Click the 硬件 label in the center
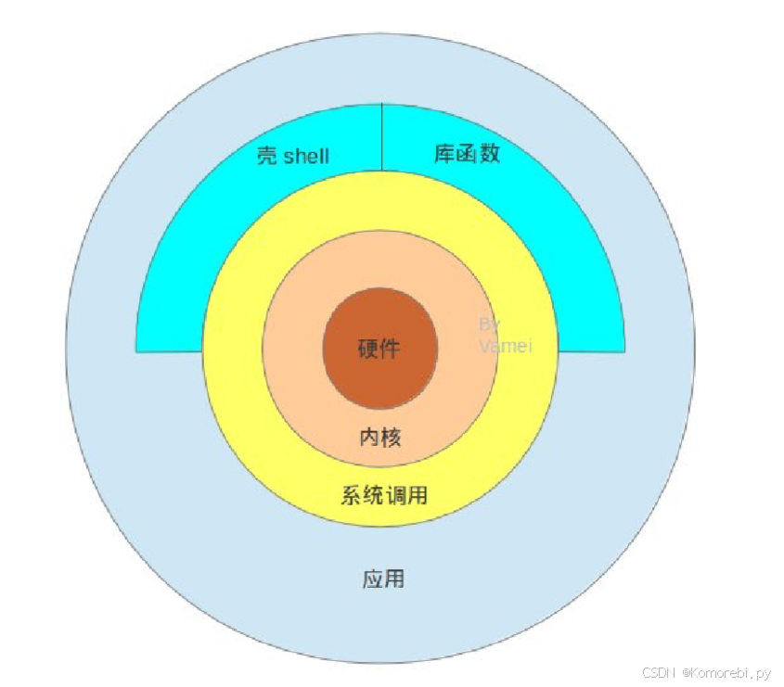pyautogui.click(x=379, y=350)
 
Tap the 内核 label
pyautogui.click(x=380, y=438)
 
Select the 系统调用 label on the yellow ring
pyautogui.click(x=384, y=496)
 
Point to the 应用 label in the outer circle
pyautogui.click(x=383, y=580)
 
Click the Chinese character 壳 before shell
pyautogui.click(x=266, y=155)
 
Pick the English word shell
pyautogui.click(x=306, y=156)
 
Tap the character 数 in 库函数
pyautogui.click(x=490, y=154)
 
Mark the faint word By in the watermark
pyautogui.click(x=490, y=324)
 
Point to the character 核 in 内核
pyautogui.click(x=392, y=438)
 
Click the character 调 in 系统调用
pyautogui.click(x=395, y=496)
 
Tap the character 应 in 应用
pyautogui.click(x=372, y=580)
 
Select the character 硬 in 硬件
pyautogui.click(x=368, y=350)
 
